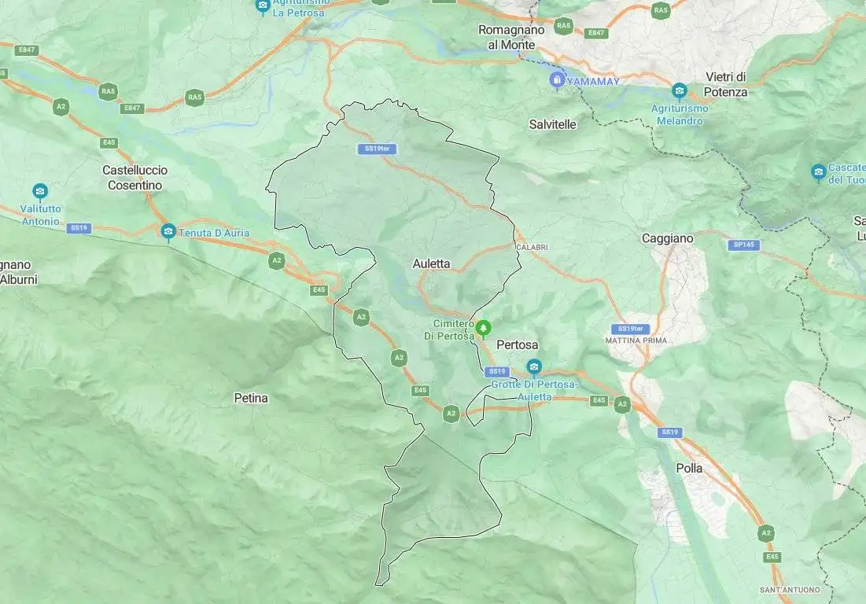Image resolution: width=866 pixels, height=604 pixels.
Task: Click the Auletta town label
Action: (431, 264)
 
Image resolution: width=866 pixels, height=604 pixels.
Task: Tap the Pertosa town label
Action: (517, 345)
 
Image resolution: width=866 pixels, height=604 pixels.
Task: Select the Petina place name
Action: (251, 399)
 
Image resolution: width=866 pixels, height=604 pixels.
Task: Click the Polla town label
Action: (689, 468)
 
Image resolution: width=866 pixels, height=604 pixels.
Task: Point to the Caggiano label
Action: (668, 238)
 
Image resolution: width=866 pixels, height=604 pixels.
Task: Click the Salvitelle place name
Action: (552, 124)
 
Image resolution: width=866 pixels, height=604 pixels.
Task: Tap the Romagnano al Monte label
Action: (511, 37)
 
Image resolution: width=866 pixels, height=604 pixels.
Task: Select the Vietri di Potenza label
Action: (726, 84)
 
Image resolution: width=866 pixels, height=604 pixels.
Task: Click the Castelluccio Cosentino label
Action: (135, 178)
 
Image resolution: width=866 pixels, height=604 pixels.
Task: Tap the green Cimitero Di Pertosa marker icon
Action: (485, 326)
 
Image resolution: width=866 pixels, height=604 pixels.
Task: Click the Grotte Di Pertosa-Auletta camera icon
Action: (534, 366)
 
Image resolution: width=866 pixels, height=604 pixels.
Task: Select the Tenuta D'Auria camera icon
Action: (168, 230)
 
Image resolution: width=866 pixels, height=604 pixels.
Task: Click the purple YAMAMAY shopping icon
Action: (557, 79)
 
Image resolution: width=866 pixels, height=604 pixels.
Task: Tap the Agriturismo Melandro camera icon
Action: (680, 90)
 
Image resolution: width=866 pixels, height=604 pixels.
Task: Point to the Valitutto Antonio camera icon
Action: (40, 190)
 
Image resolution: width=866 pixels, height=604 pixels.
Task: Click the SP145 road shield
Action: (743, 245)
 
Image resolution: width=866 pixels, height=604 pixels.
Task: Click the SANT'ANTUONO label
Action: (789, 590)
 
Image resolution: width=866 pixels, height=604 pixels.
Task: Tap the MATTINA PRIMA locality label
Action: (636, 341)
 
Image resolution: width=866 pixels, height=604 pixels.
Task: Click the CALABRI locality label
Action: (532, 248)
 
